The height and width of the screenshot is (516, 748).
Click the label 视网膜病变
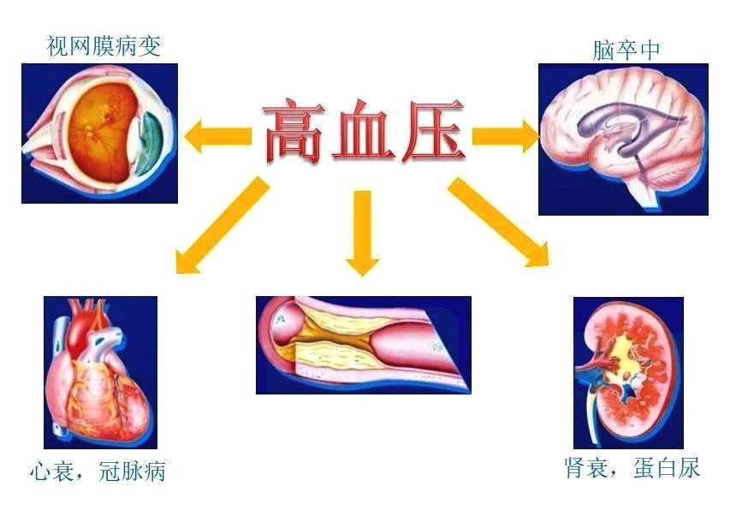tap(104, 46)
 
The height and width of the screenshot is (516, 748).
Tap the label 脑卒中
tap(626, 50)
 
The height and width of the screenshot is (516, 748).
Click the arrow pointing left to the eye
tap(217, 136)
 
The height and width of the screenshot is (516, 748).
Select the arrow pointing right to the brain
tap(506, 136)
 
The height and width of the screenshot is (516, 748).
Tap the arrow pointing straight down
tap(363, 233)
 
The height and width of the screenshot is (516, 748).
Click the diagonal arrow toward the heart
tap(223, 226)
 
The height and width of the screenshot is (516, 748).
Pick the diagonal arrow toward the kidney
tap(498, 222)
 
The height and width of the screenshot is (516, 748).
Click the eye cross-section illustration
tap(99, 133)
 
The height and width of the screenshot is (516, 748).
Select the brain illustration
tap(624, 139)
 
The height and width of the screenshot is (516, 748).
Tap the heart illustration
tap(101, 372)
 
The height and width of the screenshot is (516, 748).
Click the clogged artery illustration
tap(364, 345)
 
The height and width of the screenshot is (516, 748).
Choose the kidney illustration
tap(628, 373)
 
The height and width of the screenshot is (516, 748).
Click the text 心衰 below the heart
tap(51, 472)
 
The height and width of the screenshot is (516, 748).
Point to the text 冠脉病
tap(132, 472)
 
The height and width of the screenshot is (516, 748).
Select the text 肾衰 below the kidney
tap(586, 467)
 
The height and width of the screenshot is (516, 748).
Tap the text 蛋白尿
tap(667, 467)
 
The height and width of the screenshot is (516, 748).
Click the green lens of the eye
tap(151, 143)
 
